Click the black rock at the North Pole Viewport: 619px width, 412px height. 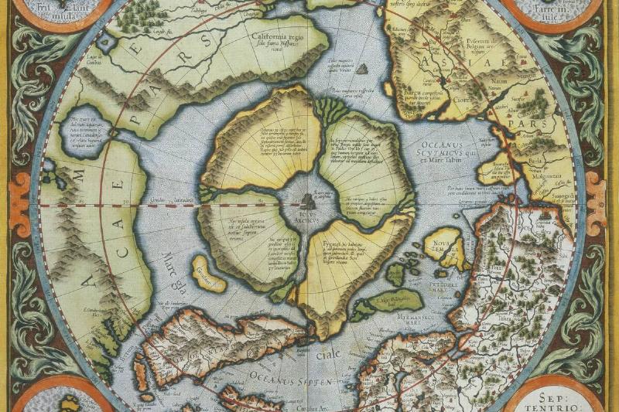(x=308, y=202)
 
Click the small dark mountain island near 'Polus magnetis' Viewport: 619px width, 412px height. (x=361, y=69)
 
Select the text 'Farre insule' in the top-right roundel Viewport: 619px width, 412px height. (x=553, y=12)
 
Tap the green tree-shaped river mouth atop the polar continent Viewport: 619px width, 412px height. (x=329, y=109)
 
